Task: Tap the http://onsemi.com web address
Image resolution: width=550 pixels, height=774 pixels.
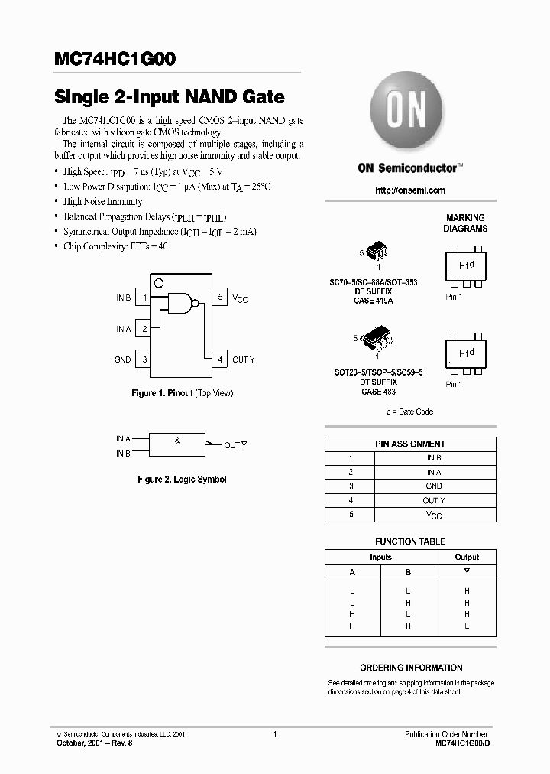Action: point(410,190)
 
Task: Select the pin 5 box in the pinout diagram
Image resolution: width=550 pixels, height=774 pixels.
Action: point(219,297)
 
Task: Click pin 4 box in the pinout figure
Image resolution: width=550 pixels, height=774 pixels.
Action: point(219,359)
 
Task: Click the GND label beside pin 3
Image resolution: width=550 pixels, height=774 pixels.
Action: point(122,359)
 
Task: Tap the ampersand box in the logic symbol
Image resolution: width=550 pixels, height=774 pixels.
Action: point(177,442)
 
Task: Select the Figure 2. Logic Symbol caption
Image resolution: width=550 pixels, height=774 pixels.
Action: point(182,480)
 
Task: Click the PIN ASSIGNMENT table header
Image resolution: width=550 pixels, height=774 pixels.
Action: point(410,444)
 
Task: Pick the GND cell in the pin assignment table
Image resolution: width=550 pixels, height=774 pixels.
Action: point(433,486)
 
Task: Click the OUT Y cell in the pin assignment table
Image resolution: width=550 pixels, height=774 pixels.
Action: point(433,501)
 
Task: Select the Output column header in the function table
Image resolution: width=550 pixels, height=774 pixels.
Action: point(467,557)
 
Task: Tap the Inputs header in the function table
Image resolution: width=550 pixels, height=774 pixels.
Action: point(380,557)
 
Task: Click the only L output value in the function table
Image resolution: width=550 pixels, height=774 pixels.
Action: point(467,626)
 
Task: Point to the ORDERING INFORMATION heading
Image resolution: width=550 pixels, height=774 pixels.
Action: point(411,668)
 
